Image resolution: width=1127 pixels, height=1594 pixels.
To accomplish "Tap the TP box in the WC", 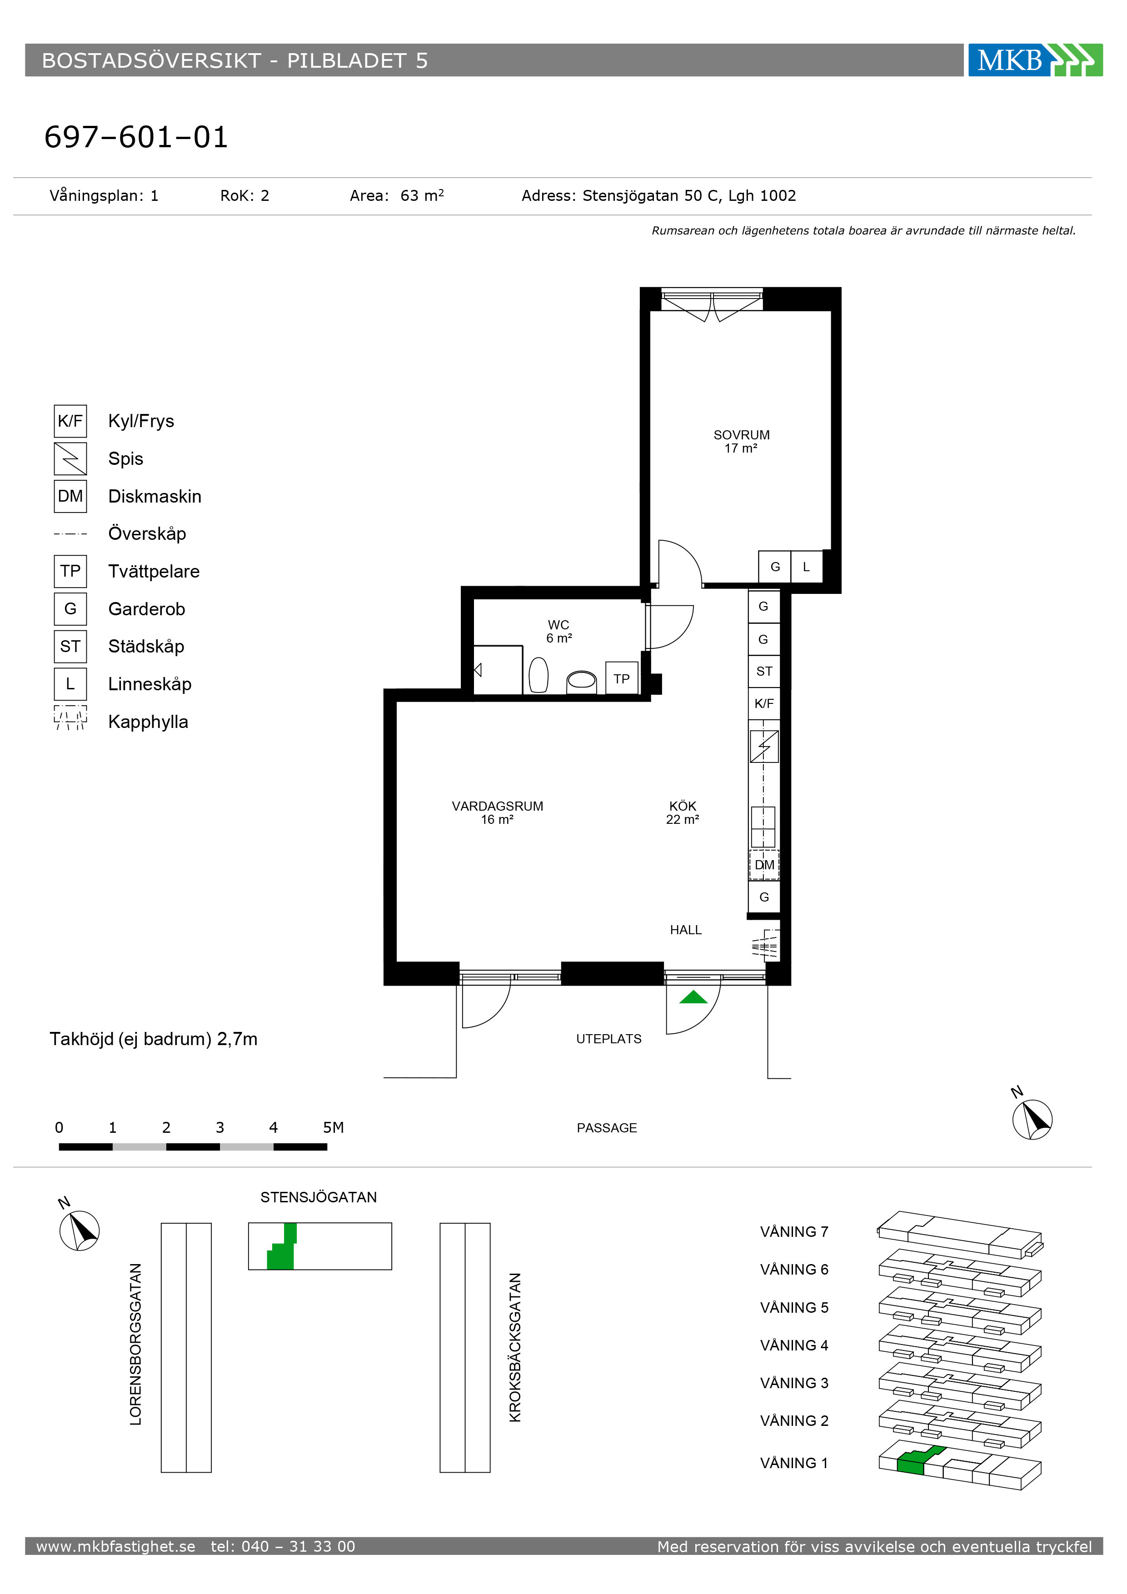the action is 622,678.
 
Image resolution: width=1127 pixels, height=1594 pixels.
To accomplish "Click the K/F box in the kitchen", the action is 764,703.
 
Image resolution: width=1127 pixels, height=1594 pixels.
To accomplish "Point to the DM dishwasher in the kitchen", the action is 764,865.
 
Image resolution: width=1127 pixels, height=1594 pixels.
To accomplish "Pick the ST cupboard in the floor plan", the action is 764,671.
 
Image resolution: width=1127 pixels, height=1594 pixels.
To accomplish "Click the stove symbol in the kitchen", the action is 764,747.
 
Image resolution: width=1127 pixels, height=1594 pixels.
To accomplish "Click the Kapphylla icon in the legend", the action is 70,718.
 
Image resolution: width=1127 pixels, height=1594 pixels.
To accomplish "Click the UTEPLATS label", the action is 608,1039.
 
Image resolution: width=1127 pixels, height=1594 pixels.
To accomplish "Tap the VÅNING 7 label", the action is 794,1231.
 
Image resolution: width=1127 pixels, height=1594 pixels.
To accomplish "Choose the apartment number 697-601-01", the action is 136,137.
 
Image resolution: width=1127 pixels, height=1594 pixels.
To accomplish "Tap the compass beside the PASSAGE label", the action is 1032,1119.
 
